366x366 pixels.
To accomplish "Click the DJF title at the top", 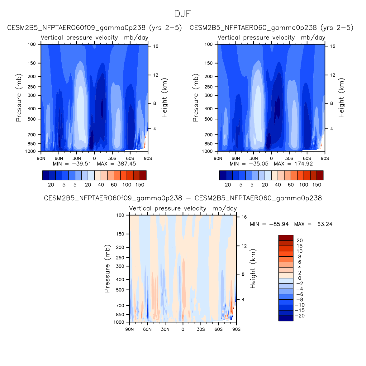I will pyautogui.click(x=183, y=14).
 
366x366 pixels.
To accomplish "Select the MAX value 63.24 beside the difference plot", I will pyautogui.click(x=325, y=224).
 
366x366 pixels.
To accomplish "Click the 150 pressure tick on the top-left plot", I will pyautogui.click(x=32, y=63).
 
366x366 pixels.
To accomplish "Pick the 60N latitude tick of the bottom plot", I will pyautogui.click(x=147, y=330).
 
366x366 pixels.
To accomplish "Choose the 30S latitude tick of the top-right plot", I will pyautogui.click(x=289, y=159).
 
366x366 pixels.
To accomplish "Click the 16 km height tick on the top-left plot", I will pyautogui.click(x=156, y=46).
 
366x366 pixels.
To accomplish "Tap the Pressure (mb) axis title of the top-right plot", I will pyautogui.click(x=196, y=98).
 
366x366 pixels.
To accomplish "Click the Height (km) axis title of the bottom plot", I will pyautogui.click(x=253, y=269).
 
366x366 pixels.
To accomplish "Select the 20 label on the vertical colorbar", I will pyautogui.click(x=300, y=240).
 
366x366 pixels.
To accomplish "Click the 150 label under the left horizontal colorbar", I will pyautogui.click(x=140, y=185).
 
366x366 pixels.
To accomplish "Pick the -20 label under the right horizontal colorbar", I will pyautogui.click(x=226, y=185).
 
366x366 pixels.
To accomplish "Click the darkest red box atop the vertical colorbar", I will pyautogui.click(x=286, y=238).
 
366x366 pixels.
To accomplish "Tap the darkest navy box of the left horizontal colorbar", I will pyautogui.click(x=46, y=175).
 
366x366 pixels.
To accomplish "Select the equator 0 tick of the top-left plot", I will pyautogui.click(x=94, y=159).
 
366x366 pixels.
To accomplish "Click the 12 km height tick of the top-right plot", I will pyautogui.click(x=333, y=75).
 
